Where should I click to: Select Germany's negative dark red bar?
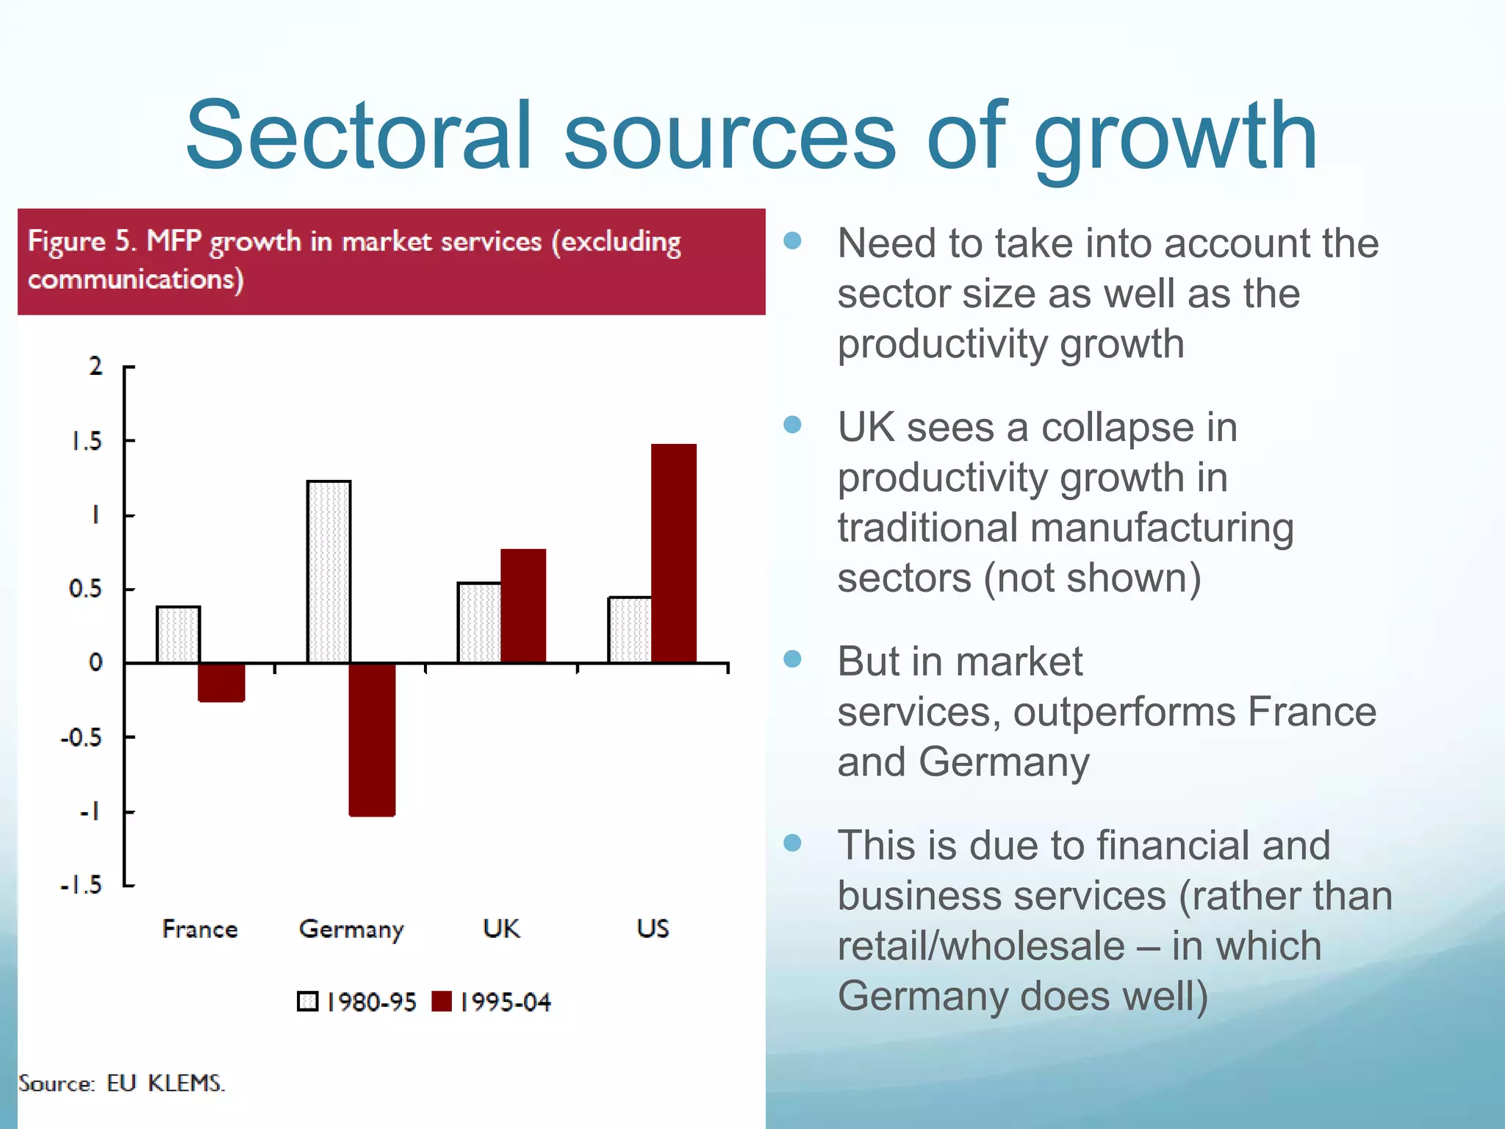[x=372, y=739]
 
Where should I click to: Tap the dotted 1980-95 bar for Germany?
[x=328, y=571]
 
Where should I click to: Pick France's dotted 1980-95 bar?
[x=178, y=634]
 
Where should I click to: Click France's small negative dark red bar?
[x=221, y=683]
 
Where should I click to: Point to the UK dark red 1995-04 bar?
[x=523, y=606]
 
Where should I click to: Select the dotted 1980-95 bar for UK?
[x=479, y=623]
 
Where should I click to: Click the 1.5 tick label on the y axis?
[x=86, y=441]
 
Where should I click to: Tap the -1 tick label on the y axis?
[x=89, y=811]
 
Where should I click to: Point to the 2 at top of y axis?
[x=96, y=366]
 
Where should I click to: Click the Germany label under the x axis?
[x=351, y=929]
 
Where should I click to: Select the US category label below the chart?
[x=653, y=928]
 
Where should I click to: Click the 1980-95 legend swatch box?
[x=307, y=1001]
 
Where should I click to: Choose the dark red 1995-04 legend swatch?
[x=442, y=1001]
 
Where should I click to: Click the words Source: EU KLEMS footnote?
[x=121, y=1083]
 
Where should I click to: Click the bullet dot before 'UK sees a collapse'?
[x=792, y=424]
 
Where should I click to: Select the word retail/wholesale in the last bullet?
[x=980, y=946]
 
